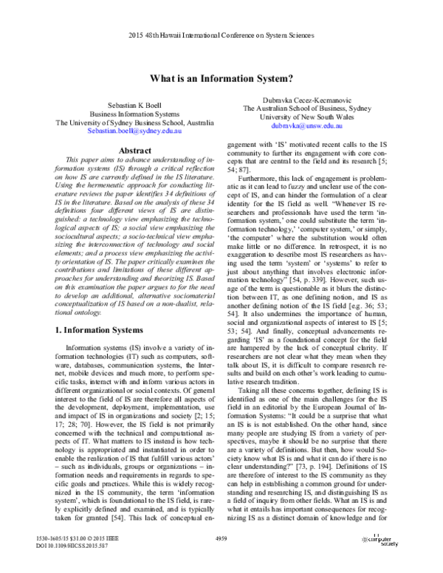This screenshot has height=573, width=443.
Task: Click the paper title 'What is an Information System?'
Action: (x=221, y=78)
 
